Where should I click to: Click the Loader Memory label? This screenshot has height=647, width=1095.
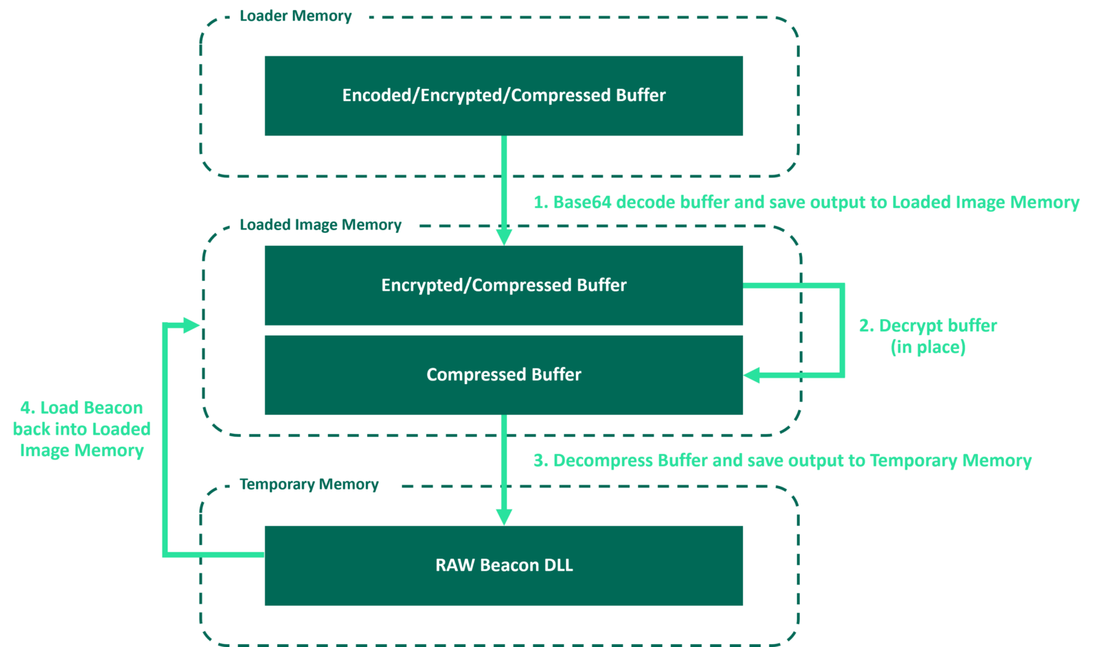[296, 16]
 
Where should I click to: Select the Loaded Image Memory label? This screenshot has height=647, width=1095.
[321, 225]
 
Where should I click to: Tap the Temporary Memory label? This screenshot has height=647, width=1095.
[309, 485]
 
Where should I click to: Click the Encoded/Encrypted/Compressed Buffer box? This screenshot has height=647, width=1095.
[503, 95]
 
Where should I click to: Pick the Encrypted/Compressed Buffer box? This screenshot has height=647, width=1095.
[503, 285]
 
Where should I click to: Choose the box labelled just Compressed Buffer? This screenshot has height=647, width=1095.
[503, 375]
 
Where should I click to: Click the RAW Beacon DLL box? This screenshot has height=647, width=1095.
[503, 566]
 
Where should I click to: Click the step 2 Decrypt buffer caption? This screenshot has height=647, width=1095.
[928, 326]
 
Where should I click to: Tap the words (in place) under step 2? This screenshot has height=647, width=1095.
[928, 348]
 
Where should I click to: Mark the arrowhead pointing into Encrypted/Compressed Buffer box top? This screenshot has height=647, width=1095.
[504, 236]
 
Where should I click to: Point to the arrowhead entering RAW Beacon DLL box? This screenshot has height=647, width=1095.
[504, 516]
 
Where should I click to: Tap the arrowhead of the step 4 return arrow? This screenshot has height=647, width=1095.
[191, 326]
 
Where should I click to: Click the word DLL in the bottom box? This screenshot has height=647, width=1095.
[558, 566]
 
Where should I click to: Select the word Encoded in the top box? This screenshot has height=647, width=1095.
[376, 95]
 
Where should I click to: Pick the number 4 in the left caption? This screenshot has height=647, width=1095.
[26, 408]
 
